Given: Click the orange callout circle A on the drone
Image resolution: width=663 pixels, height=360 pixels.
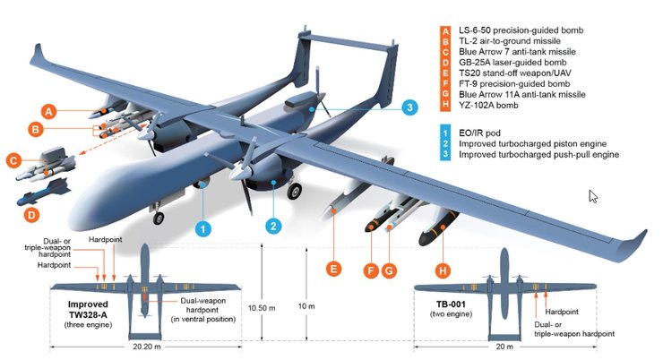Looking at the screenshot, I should (49, 110).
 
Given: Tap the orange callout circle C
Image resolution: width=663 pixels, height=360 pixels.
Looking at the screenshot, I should (13, 160).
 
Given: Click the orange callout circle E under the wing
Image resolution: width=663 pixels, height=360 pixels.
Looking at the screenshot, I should (333, 268).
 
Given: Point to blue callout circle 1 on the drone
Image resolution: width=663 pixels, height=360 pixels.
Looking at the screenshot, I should (203, 227).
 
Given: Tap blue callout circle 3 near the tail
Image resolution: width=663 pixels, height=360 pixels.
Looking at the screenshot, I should (408, 107).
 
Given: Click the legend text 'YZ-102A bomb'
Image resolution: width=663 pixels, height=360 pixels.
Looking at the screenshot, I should (491, 106).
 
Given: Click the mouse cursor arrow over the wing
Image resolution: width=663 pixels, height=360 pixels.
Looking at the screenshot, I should (592, 195).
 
